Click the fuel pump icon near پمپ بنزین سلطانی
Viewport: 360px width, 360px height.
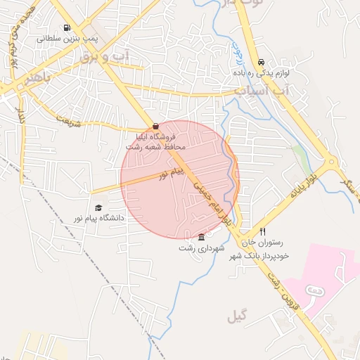[x=67, y=29]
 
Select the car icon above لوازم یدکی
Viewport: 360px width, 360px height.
[x=262, y=62]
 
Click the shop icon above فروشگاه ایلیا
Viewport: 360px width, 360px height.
[x=155, y=126]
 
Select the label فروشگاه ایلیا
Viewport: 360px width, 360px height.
[x=156, y=136]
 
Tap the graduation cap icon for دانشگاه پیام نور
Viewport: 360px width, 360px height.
[x=98, y=207]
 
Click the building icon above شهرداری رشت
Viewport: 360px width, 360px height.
[x=202, y=236]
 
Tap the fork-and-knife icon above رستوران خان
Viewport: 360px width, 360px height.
[x=263, y=231]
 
